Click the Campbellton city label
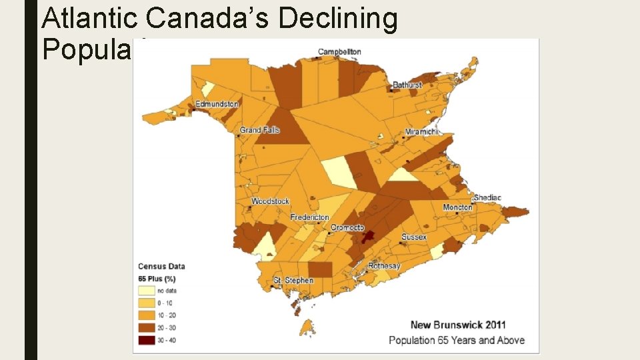(339, 52)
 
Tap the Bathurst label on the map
(407, 85)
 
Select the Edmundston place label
(217, 104)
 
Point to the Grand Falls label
(260, 130)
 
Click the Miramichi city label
(422, 132)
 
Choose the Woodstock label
(270, 201)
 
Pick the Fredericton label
(310, 217)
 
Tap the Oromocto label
(347, 227)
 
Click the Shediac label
(487, 198)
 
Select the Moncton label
(458, 207)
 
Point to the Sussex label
(414, 237)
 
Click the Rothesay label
(384, 266)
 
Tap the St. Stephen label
(294, 281)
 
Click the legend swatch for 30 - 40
(147, 339)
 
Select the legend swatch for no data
(147, 291)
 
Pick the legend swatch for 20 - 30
(147, 327)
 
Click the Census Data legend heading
(161, 266)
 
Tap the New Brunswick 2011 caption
(458, 325)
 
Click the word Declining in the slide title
(338, 19)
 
